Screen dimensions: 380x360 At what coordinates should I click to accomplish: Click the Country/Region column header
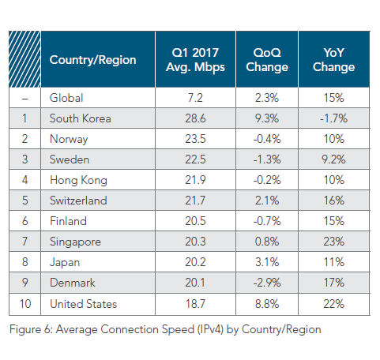92,60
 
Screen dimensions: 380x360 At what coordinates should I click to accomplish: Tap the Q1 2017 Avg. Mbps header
195,60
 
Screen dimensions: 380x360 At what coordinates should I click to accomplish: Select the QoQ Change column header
267,60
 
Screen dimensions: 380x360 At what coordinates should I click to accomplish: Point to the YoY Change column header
333,60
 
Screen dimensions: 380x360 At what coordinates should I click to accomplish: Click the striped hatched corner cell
24,59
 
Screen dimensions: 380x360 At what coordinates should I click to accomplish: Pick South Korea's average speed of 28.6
195,118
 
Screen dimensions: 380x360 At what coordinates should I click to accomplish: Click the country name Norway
69,139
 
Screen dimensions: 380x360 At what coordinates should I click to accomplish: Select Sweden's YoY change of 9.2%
333,159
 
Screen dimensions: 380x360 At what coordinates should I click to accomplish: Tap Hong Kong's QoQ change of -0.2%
267,180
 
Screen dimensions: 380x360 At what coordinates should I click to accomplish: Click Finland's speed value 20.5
195,221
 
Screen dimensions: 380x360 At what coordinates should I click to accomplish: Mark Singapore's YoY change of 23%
333,242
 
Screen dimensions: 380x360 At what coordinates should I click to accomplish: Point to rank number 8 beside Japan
24,262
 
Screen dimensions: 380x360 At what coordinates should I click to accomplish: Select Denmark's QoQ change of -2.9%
267,283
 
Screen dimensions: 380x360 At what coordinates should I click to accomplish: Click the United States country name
83,304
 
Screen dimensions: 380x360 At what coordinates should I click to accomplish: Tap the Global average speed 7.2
195,98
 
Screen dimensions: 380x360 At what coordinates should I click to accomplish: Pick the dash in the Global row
24,99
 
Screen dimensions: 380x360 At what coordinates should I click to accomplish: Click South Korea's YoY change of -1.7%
333,118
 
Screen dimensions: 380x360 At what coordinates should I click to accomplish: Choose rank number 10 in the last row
25,304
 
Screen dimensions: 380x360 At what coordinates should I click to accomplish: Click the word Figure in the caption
25,329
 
